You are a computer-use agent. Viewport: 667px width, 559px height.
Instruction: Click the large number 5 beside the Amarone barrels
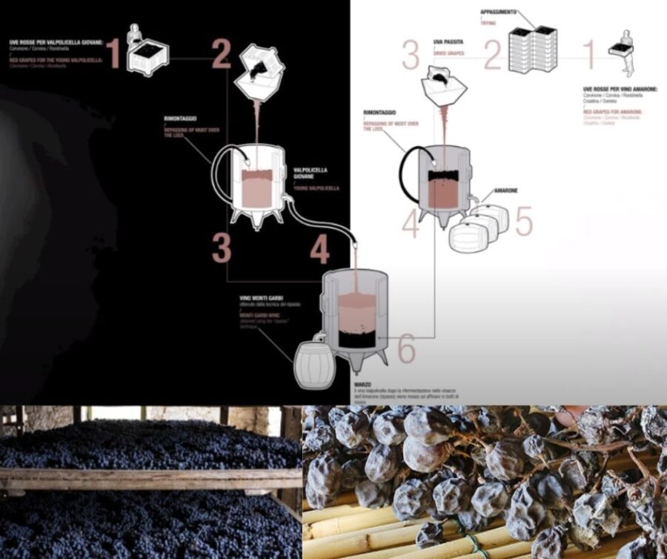coord(524,221)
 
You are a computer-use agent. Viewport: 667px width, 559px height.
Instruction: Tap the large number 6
coord(407,350)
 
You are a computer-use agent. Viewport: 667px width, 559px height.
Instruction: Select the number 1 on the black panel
coord(113,53)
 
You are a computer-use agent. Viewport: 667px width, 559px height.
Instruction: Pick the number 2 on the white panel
coord(493,56)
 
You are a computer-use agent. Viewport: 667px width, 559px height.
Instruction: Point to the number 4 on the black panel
coord(319,250)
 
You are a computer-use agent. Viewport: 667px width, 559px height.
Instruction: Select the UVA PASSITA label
coord(446,43)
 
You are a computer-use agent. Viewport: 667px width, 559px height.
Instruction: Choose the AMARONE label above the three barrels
coord(505,191)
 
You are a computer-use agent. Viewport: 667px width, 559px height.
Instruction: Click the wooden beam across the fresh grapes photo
coord(148,479)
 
